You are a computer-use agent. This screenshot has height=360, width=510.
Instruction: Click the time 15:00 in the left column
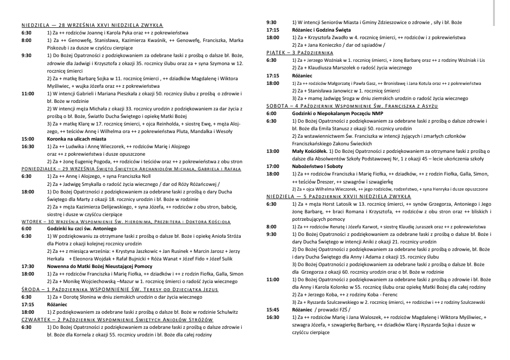pos(28,139)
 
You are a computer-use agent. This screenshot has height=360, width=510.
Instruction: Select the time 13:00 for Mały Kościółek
pos(272,151)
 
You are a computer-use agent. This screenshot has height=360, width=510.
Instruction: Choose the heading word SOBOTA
pos(276,106)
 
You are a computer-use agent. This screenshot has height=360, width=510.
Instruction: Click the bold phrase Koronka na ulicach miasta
pos(76,139)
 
